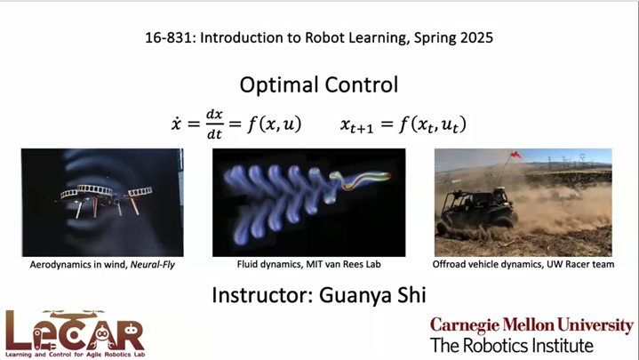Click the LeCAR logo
[x=75, y=332]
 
